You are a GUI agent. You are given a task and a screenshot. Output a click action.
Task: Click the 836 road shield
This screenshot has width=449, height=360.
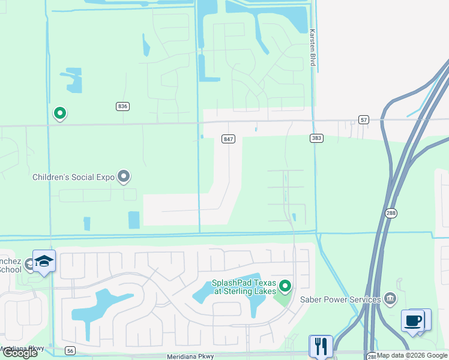coord(122,106)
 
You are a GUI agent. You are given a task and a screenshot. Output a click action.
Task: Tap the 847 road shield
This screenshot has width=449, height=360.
coord(228,139)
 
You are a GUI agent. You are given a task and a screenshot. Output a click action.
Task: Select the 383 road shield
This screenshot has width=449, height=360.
coord(317,138)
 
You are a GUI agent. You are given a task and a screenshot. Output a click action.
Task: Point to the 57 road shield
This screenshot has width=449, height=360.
coord(364,119)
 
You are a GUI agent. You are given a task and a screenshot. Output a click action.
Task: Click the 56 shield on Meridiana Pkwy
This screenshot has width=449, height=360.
coord(71,350)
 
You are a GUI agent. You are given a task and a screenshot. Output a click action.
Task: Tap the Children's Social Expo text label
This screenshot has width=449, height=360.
coord(73,177)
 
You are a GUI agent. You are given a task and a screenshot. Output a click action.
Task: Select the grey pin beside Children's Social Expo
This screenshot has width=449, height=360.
coord(124,176)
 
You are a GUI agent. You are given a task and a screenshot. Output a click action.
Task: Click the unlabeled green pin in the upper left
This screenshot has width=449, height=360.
coord(59,113)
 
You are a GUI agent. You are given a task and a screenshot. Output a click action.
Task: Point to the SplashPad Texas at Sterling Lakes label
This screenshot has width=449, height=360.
coord(244,287)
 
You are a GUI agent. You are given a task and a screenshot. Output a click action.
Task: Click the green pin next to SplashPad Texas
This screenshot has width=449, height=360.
coord(285,286)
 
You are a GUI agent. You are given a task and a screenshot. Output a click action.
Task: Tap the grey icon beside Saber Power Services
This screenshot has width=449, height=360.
coord(390,298)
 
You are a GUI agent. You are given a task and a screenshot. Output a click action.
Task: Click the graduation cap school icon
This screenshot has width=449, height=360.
coord(44,262)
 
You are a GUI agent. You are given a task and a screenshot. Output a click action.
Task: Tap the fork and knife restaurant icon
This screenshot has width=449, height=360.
coord(321,346)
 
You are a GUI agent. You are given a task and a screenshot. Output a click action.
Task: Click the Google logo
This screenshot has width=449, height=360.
coord(20,353)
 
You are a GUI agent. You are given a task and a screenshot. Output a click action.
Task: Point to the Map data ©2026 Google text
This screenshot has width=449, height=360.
coord(412,355)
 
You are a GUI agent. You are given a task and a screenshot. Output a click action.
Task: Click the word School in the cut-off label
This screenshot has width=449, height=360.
coord(10,269)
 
